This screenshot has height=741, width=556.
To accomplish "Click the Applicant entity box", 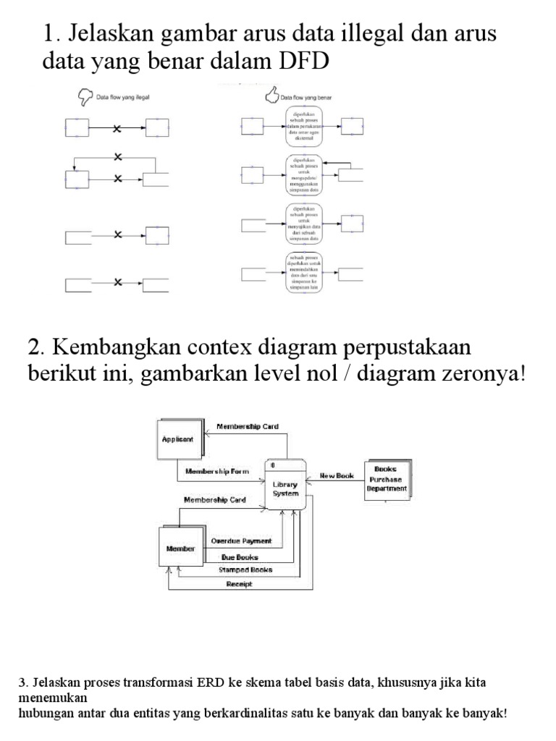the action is (179, 438).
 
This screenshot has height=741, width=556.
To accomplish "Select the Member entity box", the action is (180, 549).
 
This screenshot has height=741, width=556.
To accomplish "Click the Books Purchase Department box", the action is (386, 478).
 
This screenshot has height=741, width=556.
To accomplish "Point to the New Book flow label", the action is (337, 476).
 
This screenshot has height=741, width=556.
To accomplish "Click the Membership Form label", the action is (216, 471).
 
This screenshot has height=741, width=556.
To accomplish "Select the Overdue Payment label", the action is (240, 541).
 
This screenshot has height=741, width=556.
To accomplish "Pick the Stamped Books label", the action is (245, 569).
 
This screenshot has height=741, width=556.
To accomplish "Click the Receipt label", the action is (240, 584).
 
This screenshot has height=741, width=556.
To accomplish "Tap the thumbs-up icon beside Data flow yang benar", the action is (272, 95).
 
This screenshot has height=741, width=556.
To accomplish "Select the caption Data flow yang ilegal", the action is (128, 96).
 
